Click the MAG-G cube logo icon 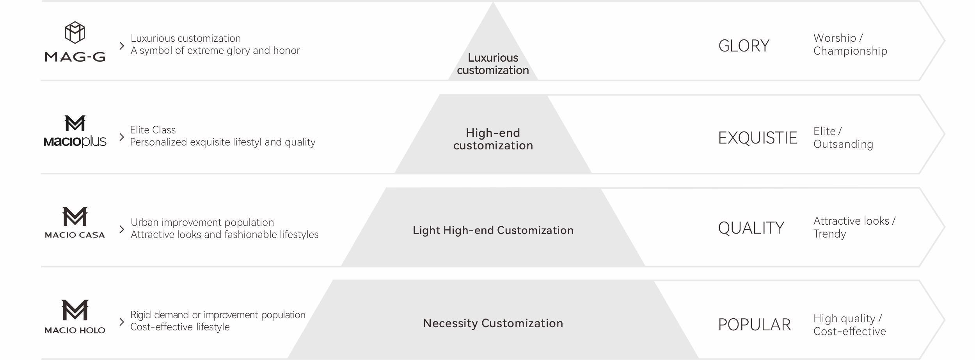point(75,32)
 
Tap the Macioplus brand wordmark point(75,141)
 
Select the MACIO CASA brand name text point(75,235)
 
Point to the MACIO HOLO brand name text point(75,330)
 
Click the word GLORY point(744,46)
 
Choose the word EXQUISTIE point(757,138)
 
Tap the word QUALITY point(751,228)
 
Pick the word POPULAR point(755,325)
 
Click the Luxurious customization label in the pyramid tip point(493,64)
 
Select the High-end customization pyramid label point(493,139)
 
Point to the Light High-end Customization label point(493,231)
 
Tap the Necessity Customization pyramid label point(493,323)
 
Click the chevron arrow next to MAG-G point(122,46)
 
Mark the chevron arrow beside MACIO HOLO point(122,322)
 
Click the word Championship point(850,51)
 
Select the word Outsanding point(843,144)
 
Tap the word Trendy point(829,234)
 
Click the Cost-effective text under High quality point(850,332)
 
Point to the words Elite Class point(153,130)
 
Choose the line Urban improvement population point(202,223)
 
